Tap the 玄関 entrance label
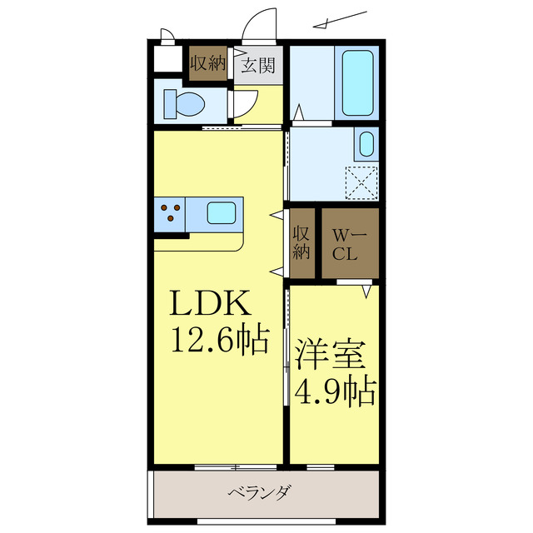click(x=258, y=65)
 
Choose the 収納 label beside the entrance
click(x=207, y=63)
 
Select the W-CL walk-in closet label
click(x=346, y=245)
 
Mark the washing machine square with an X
click(x=362, y=182)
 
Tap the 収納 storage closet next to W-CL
click(x=301, y=242)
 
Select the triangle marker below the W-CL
click(x=366, y=291)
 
